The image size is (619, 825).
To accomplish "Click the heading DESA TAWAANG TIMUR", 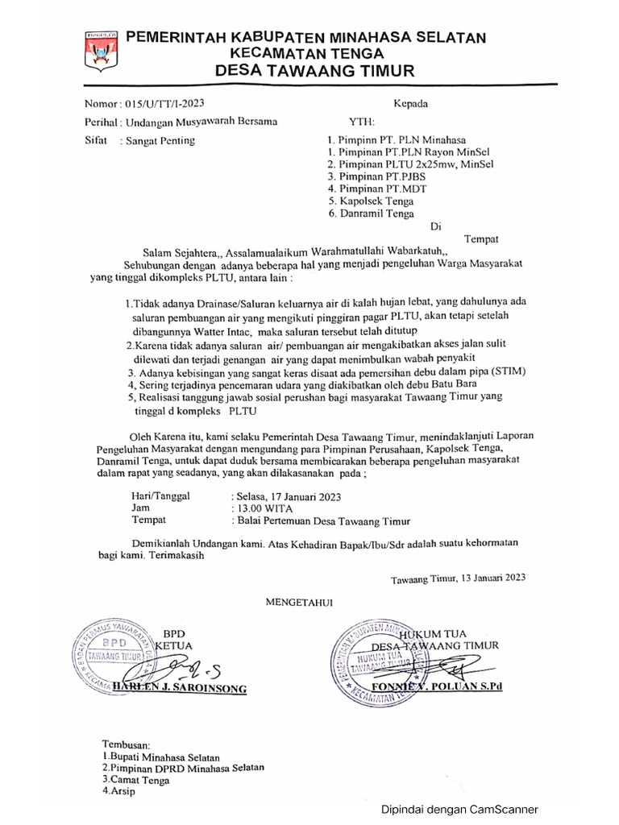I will (x=315, y=72).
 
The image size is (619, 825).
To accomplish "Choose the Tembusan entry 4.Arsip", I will (x=119, y=791).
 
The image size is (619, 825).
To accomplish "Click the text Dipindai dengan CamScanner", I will (x=460, y=810).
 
